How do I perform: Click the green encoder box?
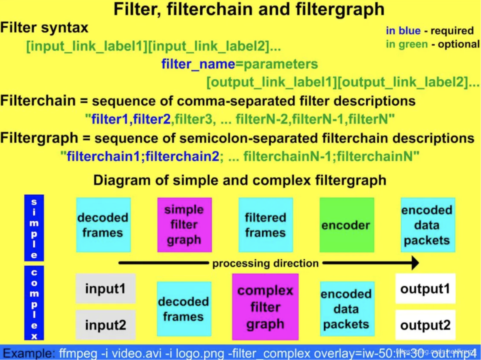pyautogui.click(x=346, y=225)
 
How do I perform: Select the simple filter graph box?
pyautogui.click(x=184, y=225)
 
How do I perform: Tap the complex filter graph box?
pyautogui.click(x=265, y=307)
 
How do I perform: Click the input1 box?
pyautogui.click(x=106, y=289)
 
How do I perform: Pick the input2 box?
pyautogui.click(x=106, y=325)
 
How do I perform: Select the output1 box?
pyautogui.click(x=425, y=289)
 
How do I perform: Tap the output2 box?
pyautogui.click(x=425, y=325)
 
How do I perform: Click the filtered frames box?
pyautogui.click(x=266, y=225)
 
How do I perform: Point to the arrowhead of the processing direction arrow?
pyautogui.click(x=415, y=263)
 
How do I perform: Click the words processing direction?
pyautogui.click(x=265, y=263)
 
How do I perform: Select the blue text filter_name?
pyautogui.click(x=198, y=64)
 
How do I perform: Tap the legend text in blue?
pyautogui.click(x=403, y=30)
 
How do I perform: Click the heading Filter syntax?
pyautogui.click(x=44, y=27)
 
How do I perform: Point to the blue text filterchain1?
pyautogui.click(x=103, y=156)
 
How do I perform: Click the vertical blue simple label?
pyautogui.click(x=34, y=228)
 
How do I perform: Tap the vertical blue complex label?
pyautogui.click(x=34, y=303)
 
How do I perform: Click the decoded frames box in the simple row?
pyautogui.click(x=103, y=225)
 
